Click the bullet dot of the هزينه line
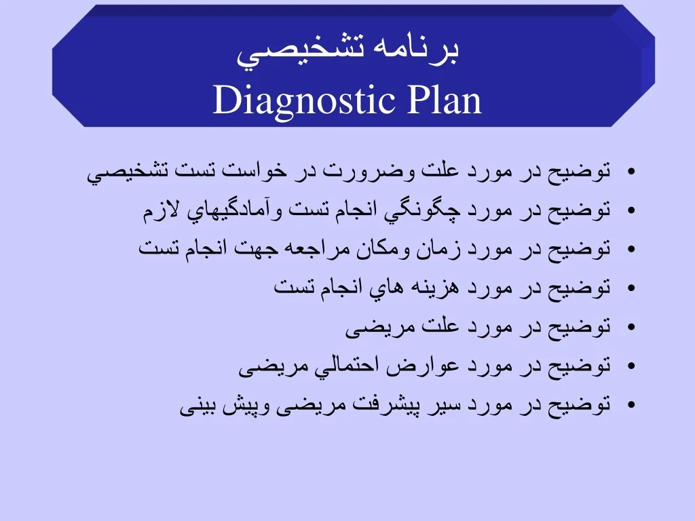pyautogui.click(x=632, y=288)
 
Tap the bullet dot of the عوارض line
pyautogui.click(x=632, y=367)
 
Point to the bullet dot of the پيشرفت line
pyautogui.click(x=632, y=406)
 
